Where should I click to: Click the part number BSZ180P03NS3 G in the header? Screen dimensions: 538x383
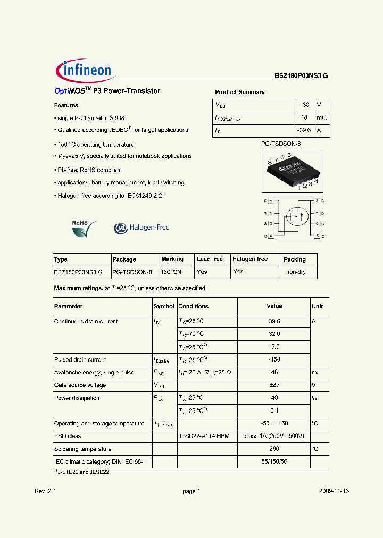301,76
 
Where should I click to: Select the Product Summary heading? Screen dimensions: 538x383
239,92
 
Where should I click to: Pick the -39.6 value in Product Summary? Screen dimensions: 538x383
304,130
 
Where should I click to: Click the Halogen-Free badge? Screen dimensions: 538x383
141,228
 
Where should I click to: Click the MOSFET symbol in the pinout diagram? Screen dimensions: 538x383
294,216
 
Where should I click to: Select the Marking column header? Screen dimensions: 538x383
172,259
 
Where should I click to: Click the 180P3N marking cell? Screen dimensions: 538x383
171,272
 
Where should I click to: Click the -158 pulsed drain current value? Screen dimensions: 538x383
274,360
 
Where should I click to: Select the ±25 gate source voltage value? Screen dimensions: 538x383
274,385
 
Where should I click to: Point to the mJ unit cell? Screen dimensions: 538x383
315,373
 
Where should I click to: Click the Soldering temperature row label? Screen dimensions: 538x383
82,449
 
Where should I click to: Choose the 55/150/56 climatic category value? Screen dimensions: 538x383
274,462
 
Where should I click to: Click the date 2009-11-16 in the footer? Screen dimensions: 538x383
334,492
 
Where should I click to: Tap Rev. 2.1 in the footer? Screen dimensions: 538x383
45,492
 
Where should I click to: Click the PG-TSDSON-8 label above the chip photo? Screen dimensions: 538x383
281,144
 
